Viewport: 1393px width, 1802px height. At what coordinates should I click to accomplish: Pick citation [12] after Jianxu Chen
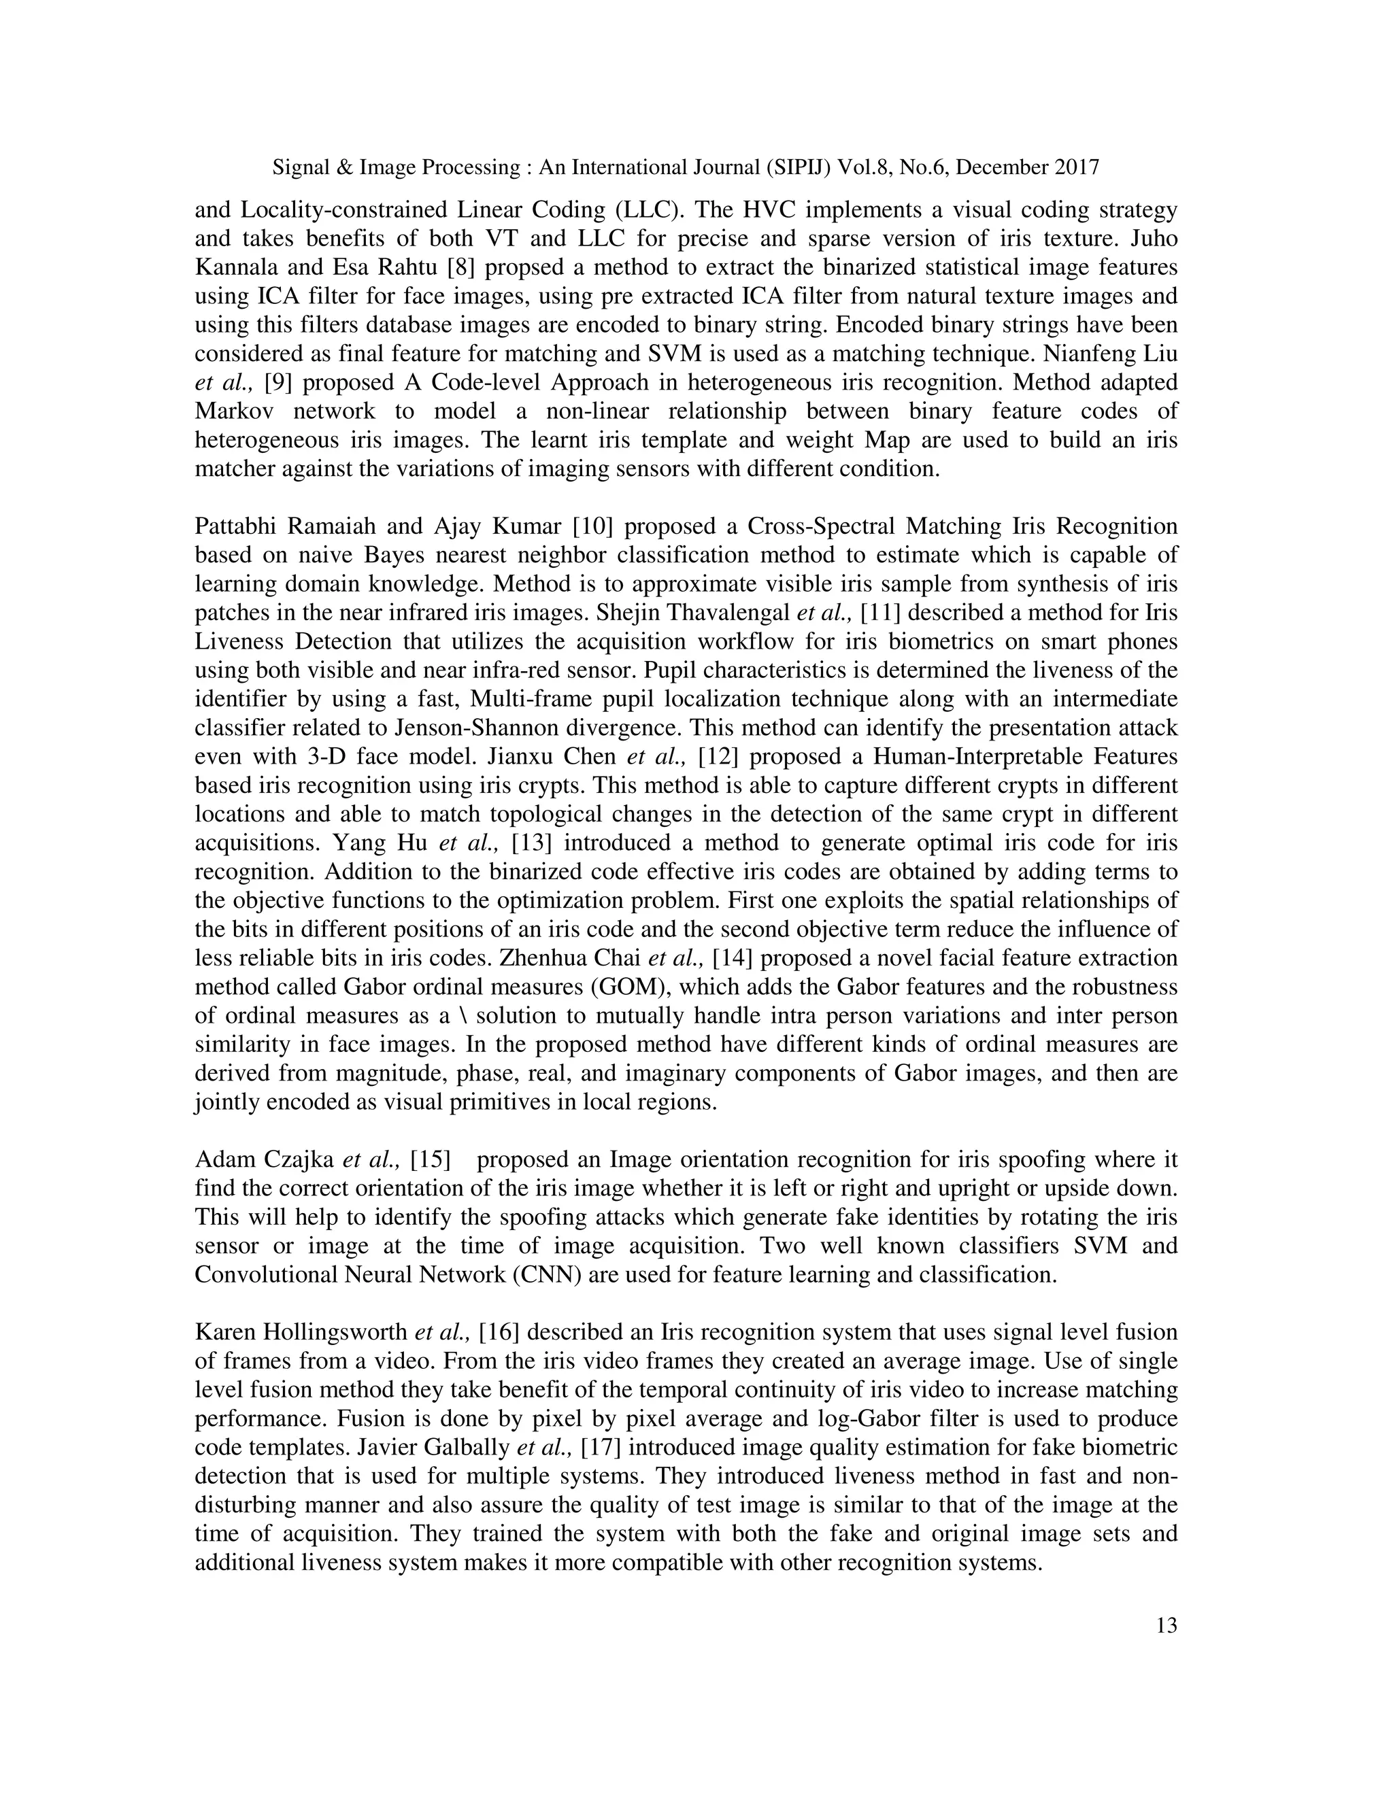coord(717,757)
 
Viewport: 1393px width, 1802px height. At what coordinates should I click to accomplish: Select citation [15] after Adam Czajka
coord(430,1160)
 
